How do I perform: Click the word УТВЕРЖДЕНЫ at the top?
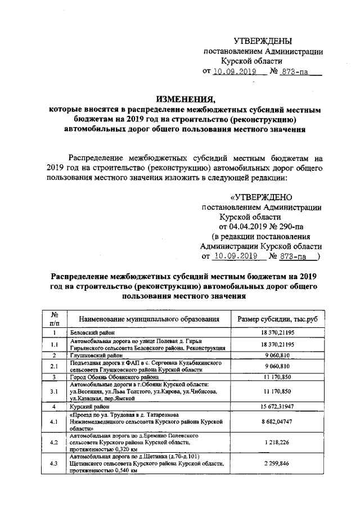263,40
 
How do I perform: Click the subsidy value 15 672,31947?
278,406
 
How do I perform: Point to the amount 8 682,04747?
278,420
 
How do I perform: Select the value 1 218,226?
278,443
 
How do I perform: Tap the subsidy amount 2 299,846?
278,464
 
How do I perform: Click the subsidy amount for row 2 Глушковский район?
278,355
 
